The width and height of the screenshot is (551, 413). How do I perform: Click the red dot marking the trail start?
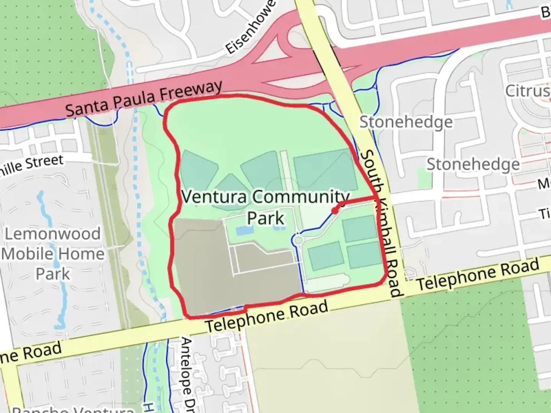[335, 211]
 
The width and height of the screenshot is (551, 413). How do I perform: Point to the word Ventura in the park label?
[214, 197]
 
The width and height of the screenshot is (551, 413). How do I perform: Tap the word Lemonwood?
[53, 234]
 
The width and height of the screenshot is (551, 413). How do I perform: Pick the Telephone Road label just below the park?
[267, 316]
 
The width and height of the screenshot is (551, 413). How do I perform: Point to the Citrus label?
[527, 91]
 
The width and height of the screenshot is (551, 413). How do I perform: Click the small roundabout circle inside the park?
[297, 240]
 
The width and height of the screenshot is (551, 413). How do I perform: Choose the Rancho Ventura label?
[73, 409]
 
